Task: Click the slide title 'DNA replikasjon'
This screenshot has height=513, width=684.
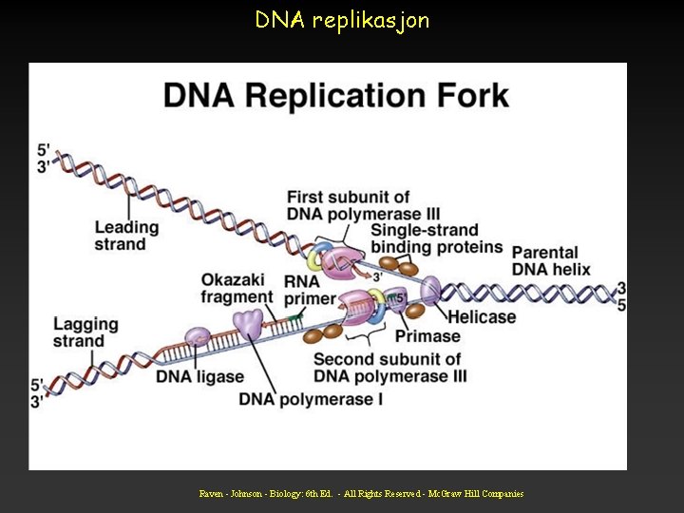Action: coord(342,19)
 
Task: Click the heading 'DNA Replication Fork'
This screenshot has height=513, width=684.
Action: coord(336,96)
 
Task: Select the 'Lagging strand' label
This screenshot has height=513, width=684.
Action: coord(85,332)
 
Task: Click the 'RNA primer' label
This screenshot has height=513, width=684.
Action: coord(309,290)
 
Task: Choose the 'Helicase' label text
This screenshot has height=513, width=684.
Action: coord(482,316)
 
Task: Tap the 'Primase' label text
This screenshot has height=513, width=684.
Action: coord(427,335)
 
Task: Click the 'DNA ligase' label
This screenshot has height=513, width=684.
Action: coord(200,377)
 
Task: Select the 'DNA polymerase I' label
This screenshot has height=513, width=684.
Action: coord(311,400)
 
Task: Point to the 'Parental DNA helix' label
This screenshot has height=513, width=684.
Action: coord(551,260)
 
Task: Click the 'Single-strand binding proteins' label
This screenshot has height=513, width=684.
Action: coord(436,239)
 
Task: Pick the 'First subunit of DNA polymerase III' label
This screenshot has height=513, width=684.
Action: coord(363,205)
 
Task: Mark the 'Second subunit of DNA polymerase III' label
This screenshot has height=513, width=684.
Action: coord(389,368)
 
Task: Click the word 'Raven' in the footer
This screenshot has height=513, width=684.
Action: coord(212,494)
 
